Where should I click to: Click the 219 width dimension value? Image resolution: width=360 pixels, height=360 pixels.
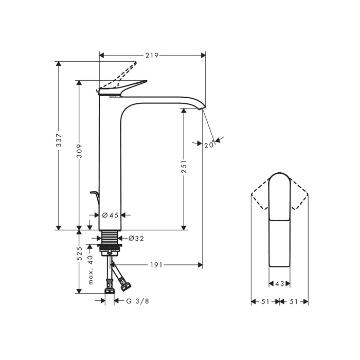click(151, 55)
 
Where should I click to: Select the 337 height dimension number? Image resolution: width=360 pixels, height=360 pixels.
click(59, 142)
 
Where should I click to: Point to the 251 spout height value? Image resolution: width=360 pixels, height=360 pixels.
click(184, 167)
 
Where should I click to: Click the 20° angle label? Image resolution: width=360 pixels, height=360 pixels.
click(208, 145)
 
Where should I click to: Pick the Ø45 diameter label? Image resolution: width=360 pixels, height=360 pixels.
click(111, 215)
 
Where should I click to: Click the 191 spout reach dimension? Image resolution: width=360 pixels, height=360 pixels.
click(157, 265)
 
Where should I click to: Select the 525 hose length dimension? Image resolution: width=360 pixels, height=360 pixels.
click(80, 255)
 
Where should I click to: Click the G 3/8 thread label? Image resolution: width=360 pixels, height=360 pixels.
click(137, 301)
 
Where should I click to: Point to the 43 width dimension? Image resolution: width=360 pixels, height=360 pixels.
click(280, 284)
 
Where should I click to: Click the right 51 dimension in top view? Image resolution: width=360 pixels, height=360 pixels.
click(294, 302)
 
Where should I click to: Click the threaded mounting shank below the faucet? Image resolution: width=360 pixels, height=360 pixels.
click(110, 239)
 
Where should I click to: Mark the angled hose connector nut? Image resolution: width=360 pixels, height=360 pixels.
click(125, 283)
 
